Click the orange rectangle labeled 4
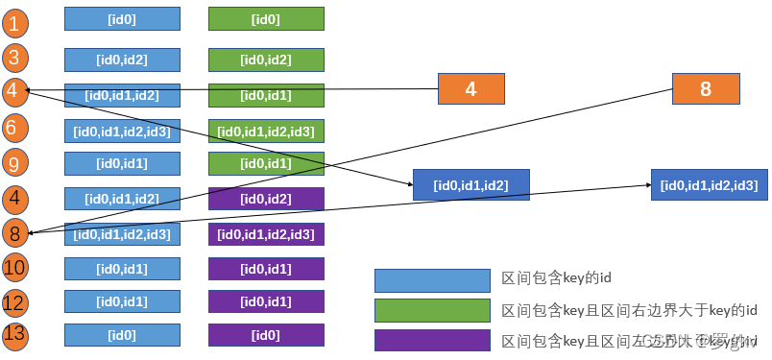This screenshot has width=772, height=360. click(470, 89)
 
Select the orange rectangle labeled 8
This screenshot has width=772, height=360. click(706, 89)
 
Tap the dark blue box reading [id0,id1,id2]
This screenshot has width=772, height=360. click(470, 184)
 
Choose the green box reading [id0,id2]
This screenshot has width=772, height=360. click(266, 60)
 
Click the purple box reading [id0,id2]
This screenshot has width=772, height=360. click(266, 199)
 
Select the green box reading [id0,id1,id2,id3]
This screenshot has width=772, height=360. click(266, 131)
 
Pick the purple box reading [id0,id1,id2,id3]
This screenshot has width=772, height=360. click(266, 233)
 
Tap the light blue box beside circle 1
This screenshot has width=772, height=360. click(122, 18)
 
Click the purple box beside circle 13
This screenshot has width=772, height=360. click(266, 335)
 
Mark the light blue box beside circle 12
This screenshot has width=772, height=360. click(122, 301)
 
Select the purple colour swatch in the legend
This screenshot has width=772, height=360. click(432, 341)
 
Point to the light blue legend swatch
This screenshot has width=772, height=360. click(432, 279)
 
